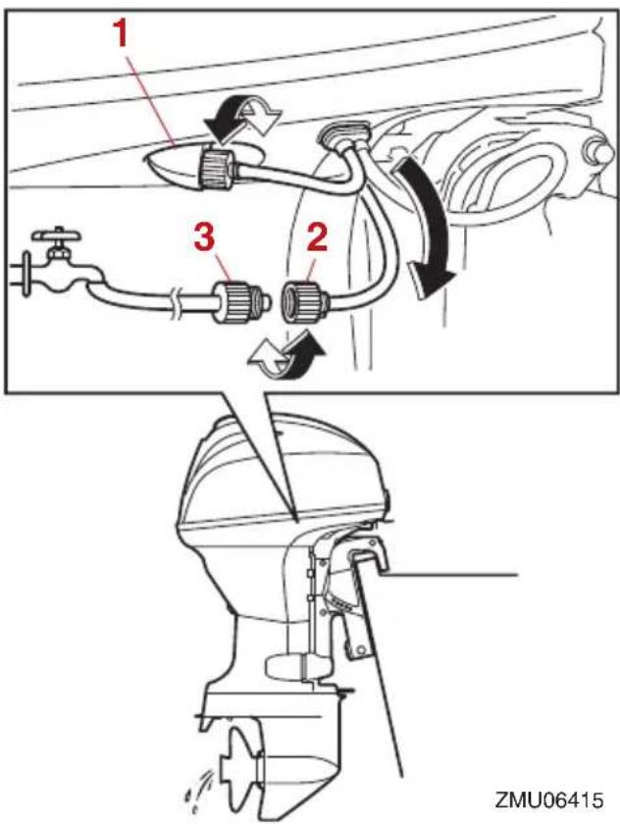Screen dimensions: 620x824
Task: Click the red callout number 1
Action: pos(122,34)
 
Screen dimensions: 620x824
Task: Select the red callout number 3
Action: pos(204,238)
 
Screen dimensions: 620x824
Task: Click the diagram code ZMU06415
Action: pos(548,799)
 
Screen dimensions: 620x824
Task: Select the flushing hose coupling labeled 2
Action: pos(306,303)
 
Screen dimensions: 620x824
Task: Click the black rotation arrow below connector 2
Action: pos(303,357)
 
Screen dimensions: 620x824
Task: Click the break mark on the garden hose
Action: pos(177,304)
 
